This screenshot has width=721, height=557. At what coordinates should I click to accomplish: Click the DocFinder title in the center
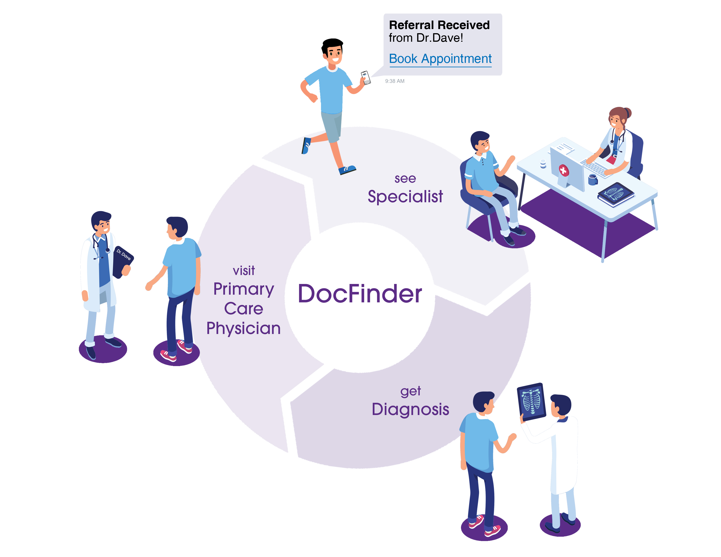click(360, 293)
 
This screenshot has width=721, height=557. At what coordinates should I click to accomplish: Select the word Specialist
click(405, 197)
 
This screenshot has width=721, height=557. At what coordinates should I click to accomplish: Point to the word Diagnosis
click(410, 409)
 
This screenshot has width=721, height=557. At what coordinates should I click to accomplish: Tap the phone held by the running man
click(366, 78)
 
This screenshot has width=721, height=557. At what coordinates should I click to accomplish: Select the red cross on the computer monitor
click(563, 170)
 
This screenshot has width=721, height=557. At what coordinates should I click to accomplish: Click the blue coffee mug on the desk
click(593, 180)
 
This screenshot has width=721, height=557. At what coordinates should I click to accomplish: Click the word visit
click(244, 271)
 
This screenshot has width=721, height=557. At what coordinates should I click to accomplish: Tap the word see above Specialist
click(405, 178)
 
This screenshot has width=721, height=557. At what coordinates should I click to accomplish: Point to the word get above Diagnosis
click(410, 391)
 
